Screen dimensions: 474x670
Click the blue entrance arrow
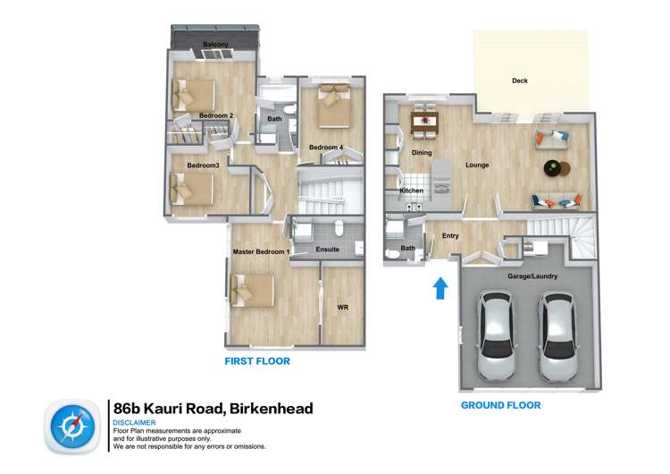440,288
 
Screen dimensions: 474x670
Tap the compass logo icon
70,426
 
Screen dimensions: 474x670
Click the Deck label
520,80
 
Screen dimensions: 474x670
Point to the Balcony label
215,45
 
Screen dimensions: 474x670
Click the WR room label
342,308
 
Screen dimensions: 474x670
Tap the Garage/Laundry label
533,276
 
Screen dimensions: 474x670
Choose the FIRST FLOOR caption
257,361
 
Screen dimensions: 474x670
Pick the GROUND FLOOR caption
500,405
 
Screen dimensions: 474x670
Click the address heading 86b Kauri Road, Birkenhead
213,409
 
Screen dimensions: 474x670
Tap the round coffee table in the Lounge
556,167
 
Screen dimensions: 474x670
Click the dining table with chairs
423,123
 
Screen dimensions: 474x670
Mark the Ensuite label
327,250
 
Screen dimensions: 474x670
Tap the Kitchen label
411,190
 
